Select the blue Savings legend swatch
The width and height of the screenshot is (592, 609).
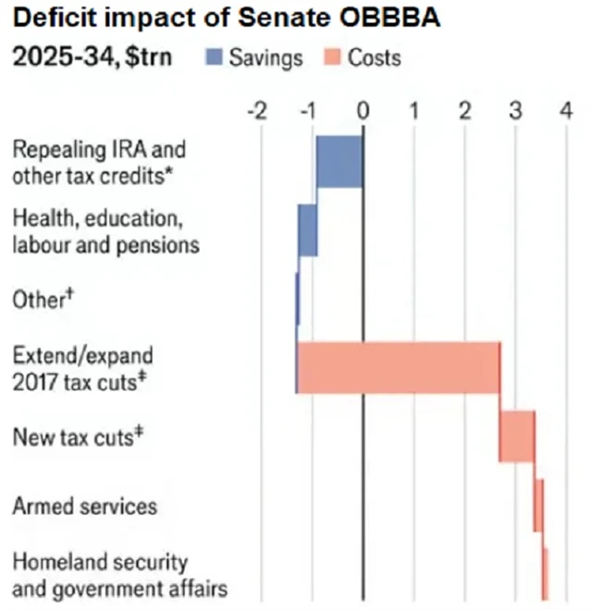coord(216,58)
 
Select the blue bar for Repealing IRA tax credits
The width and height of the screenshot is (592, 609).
coord(339,162)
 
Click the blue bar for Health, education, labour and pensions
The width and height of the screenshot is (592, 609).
coord(307,230)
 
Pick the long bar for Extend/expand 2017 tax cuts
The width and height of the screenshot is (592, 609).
coord(399,367)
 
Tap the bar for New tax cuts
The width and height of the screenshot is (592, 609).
coord(517,436)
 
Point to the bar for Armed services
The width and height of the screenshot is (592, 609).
coord(538,505)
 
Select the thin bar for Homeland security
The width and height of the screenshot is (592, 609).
coord(546,574)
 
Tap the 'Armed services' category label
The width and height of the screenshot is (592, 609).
coord(84,505)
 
